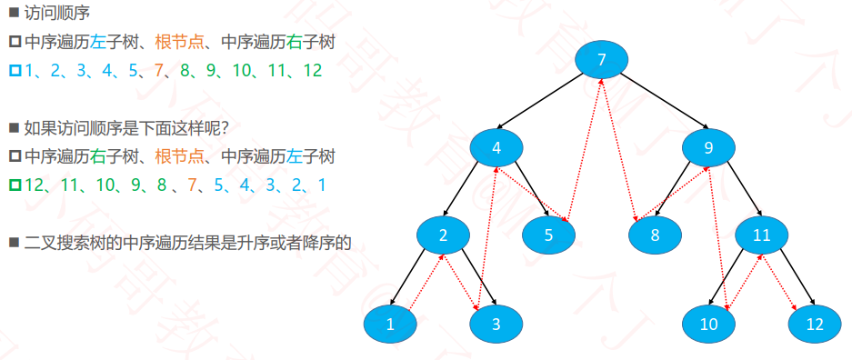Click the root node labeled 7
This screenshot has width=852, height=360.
(602, 59)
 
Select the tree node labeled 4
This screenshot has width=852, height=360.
(496, 147)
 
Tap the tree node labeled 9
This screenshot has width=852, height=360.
(708, 147)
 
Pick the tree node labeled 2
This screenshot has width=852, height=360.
(444, 235)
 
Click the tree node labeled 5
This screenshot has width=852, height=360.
(549, 235)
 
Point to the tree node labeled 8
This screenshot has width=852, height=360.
(656, 235)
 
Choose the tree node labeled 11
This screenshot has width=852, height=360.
(761, 235)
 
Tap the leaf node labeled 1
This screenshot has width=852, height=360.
(390, 325)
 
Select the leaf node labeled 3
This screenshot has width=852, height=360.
(496, 325)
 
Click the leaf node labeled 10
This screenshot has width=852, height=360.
(708, 325)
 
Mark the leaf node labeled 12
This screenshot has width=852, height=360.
(815, 325)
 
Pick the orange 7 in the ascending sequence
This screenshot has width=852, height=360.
(158, 71)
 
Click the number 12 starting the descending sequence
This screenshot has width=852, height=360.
(34, 185)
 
